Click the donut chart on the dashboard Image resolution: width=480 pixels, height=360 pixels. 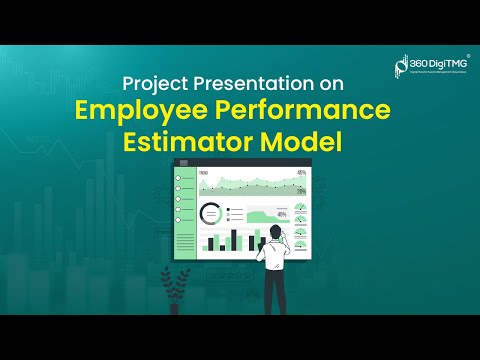click(211, 213)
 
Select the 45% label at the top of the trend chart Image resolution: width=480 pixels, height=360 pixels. click(301, 173)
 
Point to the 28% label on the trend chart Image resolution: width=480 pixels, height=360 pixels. click(301, 191)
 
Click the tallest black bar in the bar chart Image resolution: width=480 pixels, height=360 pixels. click(234, 239)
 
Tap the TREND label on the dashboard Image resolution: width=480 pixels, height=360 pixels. click(204, 173)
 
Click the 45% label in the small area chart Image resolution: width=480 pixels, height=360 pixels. click(283, 213)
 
